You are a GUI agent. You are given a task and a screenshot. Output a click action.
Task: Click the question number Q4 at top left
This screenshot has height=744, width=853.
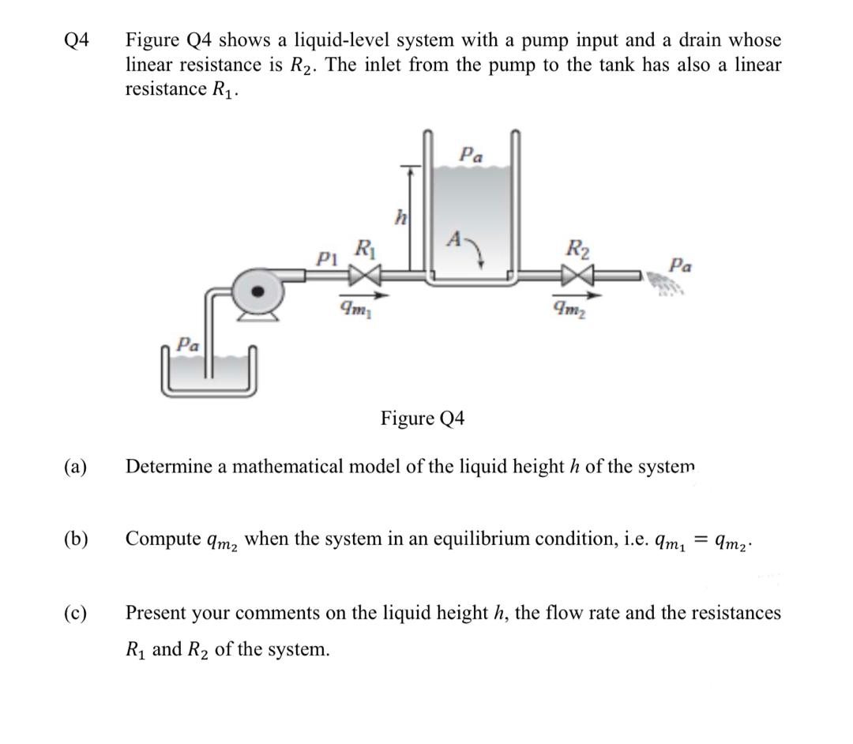77,39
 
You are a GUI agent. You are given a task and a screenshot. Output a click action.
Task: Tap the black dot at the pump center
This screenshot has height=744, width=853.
257,291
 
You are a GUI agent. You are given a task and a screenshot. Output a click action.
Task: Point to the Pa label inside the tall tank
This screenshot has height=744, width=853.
472,155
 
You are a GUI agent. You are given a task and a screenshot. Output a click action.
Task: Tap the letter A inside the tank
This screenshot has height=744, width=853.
454,240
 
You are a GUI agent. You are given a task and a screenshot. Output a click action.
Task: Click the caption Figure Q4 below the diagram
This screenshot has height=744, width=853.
423,418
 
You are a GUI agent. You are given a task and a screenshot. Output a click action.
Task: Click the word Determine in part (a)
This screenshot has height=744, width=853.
169,467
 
